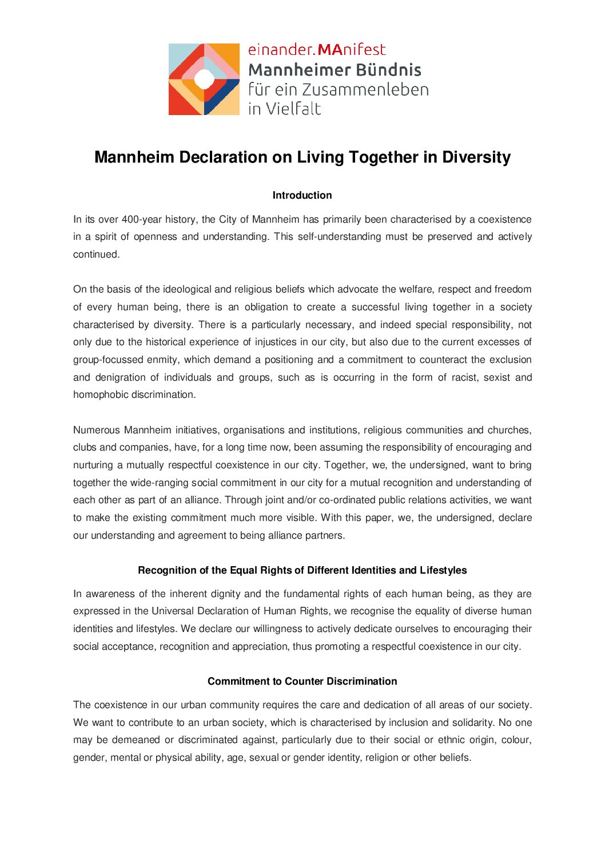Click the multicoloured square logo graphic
[204, 79]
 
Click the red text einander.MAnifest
[317, 50]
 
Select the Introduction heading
[302, 195]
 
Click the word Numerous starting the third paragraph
[96, 430]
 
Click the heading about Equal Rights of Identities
[302, 570]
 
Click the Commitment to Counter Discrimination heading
[302, 681]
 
